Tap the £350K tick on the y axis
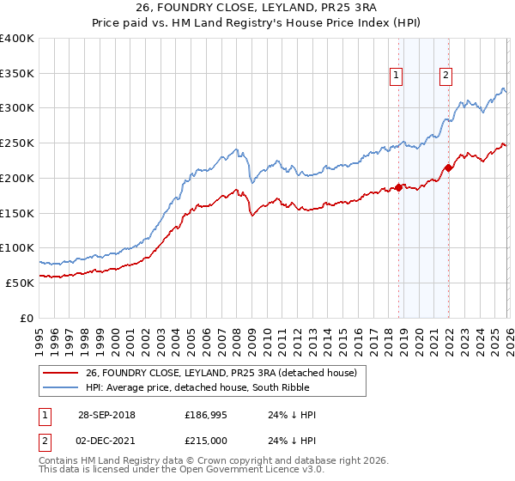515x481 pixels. pos(17,74)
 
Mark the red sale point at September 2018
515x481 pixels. pos(398,187)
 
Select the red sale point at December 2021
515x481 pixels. pos(447,167)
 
